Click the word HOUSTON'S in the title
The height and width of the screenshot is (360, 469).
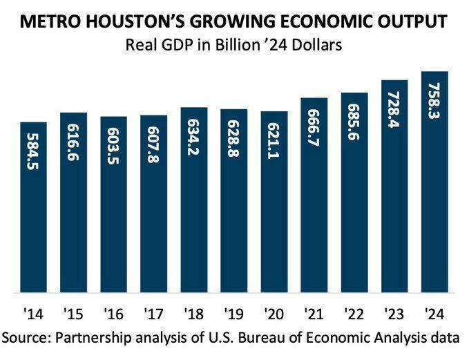pyautogui.click(x=135, y=22)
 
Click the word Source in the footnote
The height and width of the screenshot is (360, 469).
pyautogui.click(x=26, y=338)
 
